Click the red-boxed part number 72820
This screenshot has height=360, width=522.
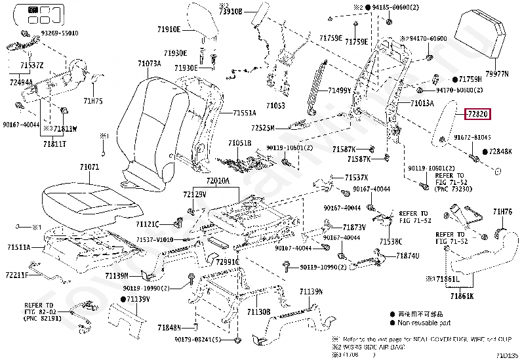point(477,114)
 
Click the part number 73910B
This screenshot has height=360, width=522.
point(230,12)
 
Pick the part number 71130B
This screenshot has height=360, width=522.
point(259,311)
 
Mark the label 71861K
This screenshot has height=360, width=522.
point(461,296)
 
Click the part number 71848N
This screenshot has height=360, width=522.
point(169,327)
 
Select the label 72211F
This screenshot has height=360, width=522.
point(18,274)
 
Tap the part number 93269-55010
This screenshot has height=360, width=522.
point(59,33)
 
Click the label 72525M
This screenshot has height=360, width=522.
point(262,127)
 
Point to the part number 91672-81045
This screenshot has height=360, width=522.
point(473,138)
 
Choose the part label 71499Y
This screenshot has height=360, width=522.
point(340,90)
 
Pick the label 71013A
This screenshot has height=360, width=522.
point(422,104)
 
